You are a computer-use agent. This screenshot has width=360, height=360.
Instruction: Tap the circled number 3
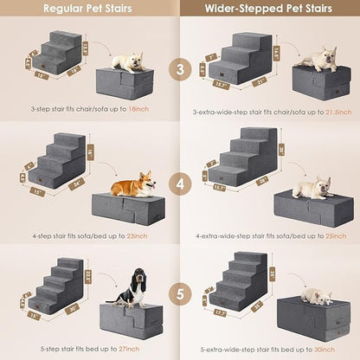pyautogui.click(x=180, y=68)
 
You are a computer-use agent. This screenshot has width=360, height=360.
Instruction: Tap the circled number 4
pyautogui.click(x=180, y=183)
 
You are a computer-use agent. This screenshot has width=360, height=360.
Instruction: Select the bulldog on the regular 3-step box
pyautogui.click(x=128, y=63)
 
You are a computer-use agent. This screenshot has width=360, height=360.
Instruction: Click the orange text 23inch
pyautogui.click(x=136, y=235)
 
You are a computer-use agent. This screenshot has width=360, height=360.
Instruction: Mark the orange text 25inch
pyautogui.click(x=325, y=235)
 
